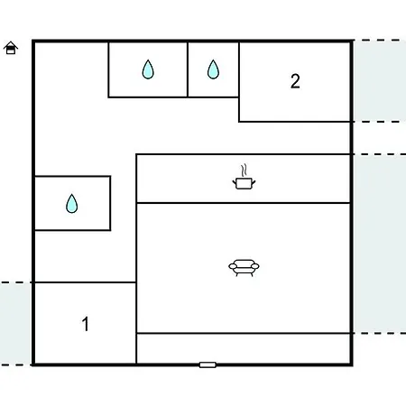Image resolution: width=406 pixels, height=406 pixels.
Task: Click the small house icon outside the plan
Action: tap(11, 48)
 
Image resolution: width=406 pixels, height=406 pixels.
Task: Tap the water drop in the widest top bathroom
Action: tap(148, 69)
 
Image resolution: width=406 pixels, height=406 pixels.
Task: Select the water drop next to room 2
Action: tap(213, 69)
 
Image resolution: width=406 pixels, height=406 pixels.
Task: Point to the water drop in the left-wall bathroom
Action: tap(72, 204)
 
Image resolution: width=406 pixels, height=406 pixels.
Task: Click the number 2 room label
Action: tap(295, 81)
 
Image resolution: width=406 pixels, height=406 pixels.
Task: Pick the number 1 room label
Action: tap(86, 324)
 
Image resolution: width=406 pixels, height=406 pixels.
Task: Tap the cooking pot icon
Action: tap(244, 183)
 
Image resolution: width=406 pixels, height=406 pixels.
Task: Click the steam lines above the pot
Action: tap(245, 171)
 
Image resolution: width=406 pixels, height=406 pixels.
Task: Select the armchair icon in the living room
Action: tap(244, 268)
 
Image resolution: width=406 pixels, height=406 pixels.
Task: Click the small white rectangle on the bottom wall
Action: tap(208, 364)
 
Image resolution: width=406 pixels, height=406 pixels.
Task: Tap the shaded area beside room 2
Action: tap(380, 81)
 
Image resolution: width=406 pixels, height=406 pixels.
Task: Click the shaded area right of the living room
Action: tap(380, 244)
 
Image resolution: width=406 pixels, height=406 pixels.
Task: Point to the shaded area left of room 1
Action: tap(15, 324)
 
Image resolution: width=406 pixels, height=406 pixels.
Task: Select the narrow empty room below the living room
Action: tap(244, 348)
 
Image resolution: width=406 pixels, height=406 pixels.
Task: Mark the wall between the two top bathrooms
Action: tap(188, 69)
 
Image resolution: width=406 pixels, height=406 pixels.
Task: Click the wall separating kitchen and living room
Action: tap(244, 203)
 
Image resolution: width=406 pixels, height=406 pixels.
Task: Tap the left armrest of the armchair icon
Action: tap(233, 266)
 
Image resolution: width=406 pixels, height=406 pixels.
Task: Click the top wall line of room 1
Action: tap(86, 282)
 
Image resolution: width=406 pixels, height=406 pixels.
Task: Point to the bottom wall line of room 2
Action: tap(295, 122)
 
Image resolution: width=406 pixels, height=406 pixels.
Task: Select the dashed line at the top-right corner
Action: tap(381, 40)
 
